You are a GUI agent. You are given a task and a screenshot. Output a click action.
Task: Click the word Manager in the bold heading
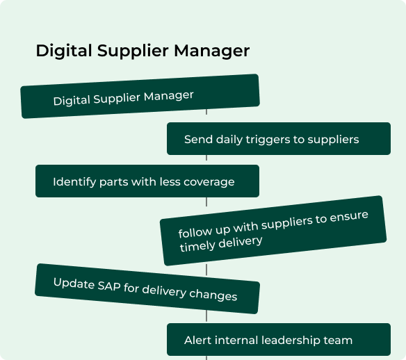tap(211, 51)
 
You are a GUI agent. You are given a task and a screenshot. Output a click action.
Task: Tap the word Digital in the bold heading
tap(64, 51)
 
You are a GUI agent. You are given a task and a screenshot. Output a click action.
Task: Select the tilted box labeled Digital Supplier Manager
tap(140, 97)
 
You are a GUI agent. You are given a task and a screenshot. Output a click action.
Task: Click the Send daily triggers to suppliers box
tap(279, 139)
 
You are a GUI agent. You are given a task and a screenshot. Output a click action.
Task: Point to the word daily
tap(229, 140)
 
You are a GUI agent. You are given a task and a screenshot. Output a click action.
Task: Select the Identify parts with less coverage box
tap(147, 181)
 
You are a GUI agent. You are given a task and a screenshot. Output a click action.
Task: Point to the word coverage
tap(209, 182)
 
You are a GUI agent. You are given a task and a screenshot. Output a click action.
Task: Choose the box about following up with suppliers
tap(273, 231)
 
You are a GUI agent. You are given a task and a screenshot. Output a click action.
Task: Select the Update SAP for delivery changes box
tap(147, 288)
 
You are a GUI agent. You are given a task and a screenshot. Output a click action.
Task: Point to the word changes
tap(213, 295)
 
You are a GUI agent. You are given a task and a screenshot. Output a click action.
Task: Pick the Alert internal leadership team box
tap(279, 339)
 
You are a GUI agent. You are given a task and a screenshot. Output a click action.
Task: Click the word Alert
tap(198, 341)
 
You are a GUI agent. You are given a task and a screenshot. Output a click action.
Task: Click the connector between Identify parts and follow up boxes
tap(206, 202)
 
